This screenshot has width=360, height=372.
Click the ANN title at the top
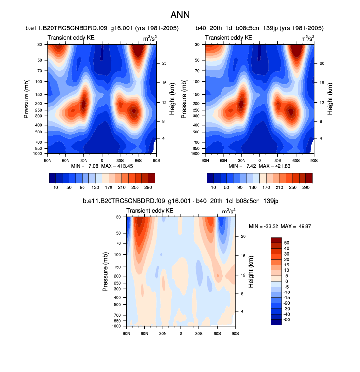click(x=180, y=15)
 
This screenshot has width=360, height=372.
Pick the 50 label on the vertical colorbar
click(x=287, y=243)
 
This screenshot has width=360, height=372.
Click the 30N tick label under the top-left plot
click(x=84, y=160)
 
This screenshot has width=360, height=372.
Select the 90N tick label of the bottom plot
click(x=126, y=333)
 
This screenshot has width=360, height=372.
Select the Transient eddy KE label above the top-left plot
click(x=71, y=38)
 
